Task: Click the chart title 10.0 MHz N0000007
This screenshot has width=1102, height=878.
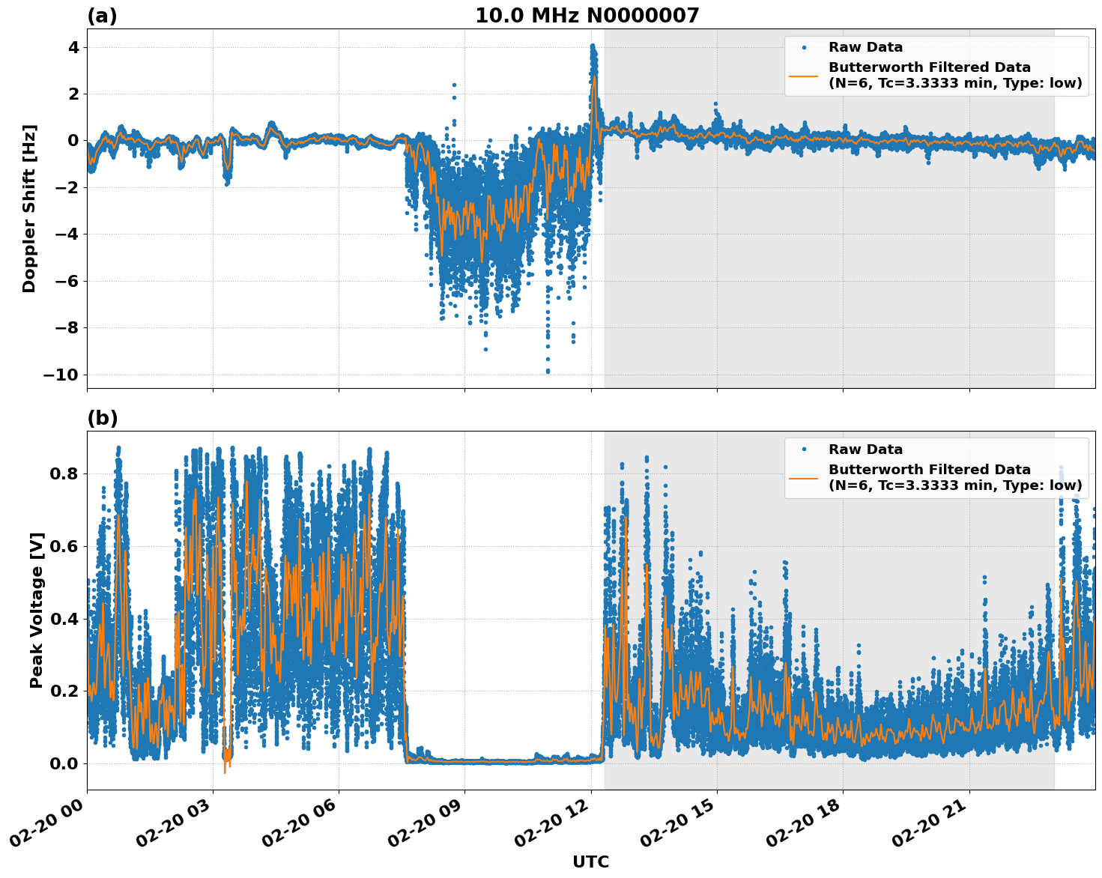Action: [587, 16]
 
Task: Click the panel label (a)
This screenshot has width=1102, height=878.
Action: [102, 16]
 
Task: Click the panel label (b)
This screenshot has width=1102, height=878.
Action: [102, 418]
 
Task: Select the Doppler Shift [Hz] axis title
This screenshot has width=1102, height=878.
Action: [29, 208]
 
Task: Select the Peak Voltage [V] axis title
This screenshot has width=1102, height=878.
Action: [37, 610]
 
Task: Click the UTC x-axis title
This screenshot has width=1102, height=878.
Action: [590, 862]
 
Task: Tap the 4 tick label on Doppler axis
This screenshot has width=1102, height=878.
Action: [73, 47]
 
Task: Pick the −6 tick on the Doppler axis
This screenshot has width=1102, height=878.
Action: [66, 281]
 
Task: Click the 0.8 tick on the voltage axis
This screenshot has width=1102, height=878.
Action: [64, 473]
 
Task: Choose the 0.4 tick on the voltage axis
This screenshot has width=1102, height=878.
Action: [64, 619]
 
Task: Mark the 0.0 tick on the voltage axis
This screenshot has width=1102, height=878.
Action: [64, 763]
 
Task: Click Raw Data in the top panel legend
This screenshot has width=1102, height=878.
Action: [865, 47]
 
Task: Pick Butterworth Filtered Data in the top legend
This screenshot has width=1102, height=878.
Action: [929, 67]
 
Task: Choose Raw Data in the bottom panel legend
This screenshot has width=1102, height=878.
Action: [865, 449]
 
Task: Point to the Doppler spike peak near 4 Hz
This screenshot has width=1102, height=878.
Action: [592, 46]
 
